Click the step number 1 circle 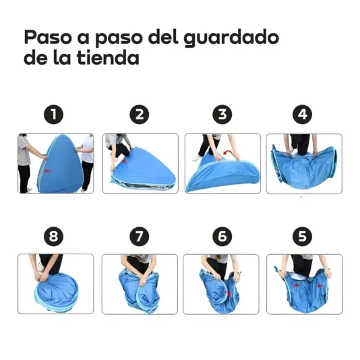(x=54, y=115)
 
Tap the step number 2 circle (x=140, y=115)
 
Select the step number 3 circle (x=222, y=115)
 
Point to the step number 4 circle (x=303, y=115)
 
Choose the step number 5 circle (x=303, y=237)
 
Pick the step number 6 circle (x=222, y=237)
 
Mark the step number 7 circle (x=140, y=237)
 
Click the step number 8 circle (x=54, y=237)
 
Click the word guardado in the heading (x=231, y=38)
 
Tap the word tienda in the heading (x=108, y=57)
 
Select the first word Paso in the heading (x=48, y=37)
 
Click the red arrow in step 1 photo (x=47, y=171)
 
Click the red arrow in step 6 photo (x=229, y=294)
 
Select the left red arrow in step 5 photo (x=296, y=285)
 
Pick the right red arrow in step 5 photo (x=320, y=286)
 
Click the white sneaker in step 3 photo (x=197, y=158)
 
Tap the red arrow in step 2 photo (x=125, y=161)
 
